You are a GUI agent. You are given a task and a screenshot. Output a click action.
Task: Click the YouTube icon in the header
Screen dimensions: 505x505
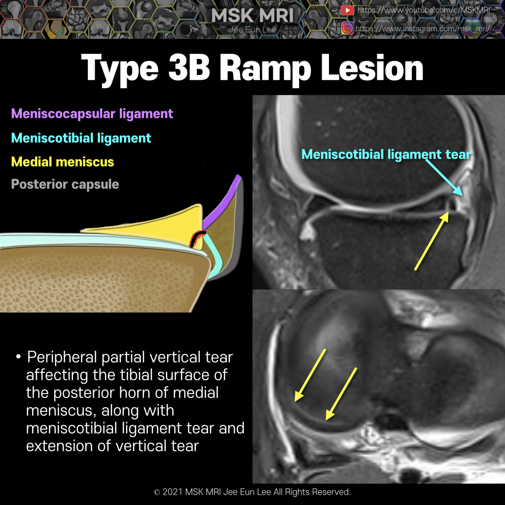pyautogui.click(x=347, y=10)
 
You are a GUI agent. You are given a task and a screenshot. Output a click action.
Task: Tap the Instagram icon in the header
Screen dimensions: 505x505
pyautogui.click(x=347, y=28)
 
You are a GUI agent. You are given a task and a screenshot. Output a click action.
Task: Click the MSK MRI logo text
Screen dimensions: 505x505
pyautogui.click(x=252, y=15)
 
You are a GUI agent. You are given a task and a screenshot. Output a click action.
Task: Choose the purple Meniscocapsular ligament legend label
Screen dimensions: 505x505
pyautogui.click(x=92, y=114)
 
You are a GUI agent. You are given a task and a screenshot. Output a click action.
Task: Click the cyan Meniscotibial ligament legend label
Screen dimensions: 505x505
pyautogui.click(x=81, y=138)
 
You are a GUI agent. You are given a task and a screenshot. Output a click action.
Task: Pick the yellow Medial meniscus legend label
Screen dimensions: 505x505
pyautogui.click(x=63, y=162)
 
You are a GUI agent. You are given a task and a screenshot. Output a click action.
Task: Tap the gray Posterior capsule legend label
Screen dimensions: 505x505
pyautogui.click(x=65, y=184)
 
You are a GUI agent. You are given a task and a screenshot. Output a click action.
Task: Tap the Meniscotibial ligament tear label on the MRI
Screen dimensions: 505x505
pyautogui.click(x=386, y=154)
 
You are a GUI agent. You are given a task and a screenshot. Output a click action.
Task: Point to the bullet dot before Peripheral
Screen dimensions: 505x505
pyautogui.click(x=18, y=357)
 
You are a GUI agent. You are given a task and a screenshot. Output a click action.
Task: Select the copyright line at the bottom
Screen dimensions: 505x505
pyautogui.click(x=252, y=492)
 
